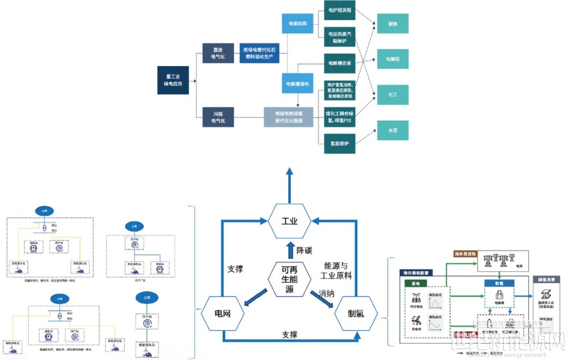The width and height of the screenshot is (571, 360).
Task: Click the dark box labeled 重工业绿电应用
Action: point(173,80)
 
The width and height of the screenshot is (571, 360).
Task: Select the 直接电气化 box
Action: point(218,53)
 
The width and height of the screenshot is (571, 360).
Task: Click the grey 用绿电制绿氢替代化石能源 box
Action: point(288,116)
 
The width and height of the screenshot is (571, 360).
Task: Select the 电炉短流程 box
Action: point(339,10)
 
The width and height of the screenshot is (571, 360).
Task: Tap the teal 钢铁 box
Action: point(392,24)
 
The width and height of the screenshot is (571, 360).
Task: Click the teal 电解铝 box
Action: point(392,59)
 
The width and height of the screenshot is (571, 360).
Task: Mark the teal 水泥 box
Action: point(392,130)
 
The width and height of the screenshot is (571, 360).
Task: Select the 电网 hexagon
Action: point(223,313)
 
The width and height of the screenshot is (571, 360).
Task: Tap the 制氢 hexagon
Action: point(356,313)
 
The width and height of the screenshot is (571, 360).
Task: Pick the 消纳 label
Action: point(326,292)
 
